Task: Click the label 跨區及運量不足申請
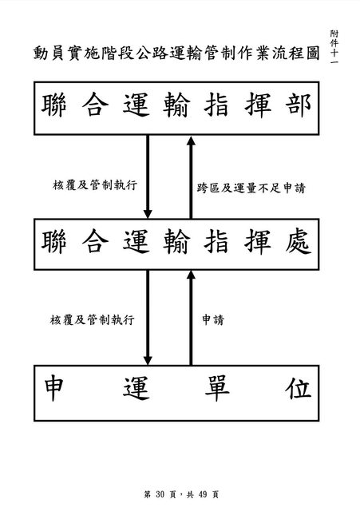(251, 188)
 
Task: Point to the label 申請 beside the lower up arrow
(213, 319)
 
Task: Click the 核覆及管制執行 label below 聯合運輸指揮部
(95, 185)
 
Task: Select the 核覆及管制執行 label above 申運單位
(93, 319)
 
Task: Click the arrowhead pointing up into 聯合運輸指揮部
(191, 141)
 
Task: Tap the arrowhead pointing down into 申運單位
(148, 360)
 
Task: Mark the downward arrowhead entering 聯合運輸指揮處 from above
(148, 213)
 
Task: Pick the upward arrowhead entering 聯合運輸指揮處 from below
(191, 275)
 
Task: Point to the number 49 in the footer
(202, 494)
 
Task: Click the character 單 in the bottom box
(217, 388)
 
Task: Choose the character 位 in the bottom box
(299, 388)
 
